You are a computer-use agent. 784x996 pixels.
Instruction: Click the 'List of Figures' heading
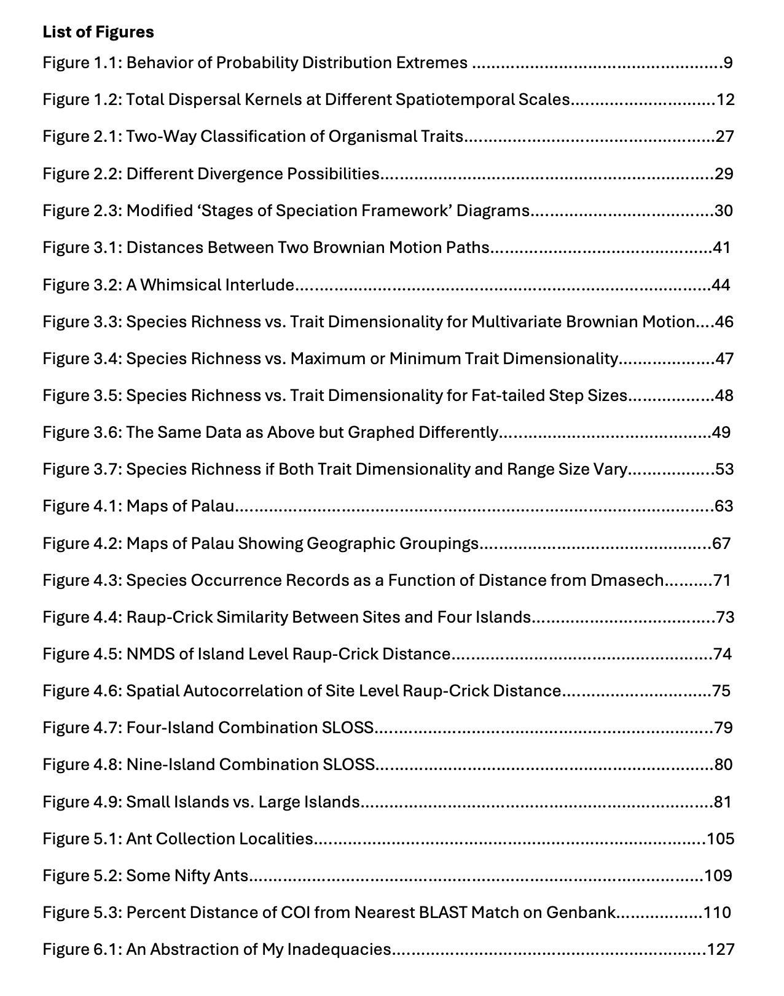coord(98,32)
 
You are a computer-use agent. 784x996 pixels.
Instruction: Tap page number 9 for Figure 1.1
coord(727,63)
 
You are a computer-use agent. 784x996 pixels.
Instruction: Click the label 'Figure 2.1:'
coord(82,136)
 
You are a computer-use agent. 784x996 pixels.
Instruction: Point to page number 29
coord(724,174)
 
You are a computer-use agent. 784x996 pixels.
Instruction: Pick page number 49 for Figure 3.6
coord(721,432)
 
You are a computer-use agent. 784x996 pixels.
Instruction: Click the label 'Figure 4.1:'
coord(82,506)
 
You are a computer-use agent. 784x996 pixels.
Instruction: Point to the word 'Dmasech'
coord(627,580)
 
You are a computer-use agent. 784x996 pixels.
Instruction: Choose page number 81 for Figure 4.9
coord(723,802)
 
